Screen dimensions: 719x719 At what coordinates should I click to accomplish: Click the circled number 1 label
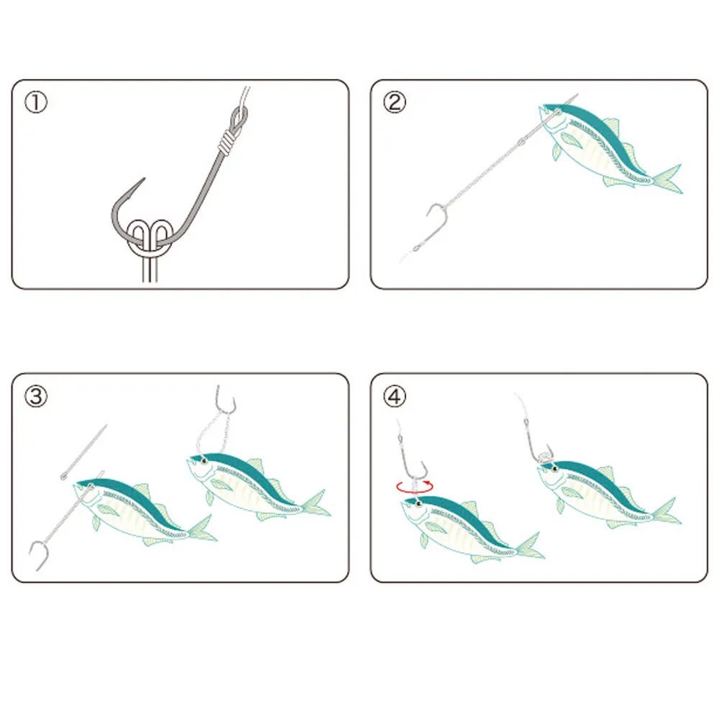[36, 102]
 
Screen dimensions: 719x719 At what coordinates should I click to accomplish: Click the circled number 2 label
[394, 102]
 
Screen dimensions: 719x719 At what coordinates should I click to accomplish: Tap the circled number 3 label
[36, 395]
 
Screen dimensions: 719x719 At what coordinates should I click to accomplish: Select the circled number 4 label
[394, 395]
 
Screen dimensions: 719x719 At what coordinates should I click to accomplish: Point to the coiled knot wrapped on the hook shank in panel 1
[226, 142]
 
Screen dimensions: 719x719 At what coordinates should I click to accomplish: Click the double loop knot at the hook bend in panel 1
[150, 238]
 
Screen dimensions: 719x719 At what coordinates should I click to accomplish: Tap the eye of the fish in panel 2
[558, 111]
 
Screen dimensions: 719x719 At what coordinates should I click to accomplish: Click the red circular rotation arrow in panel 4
[415, 487]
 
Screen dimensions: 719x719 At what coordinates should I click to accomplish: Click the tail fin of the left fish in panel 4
[530, 546]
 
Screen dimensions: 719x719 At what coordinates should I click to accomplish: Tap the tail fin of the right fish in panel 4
[665, 510]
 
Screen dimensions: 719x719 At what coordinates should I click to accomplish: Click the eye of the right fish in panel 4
[555, 468]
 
